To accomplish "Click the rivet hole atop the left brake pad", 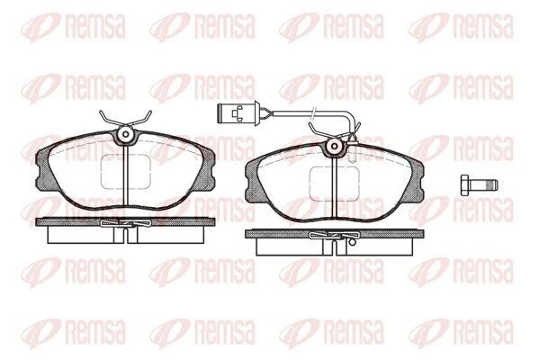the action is pos(125,134).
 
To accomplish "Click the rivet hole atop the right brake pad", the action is pos(335,146).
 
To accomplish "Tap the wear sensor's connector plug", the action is pos(230,112).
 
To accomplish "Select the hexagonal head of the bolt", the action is pos(466,185).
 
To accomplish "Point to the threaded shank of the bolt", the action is pos(484,185).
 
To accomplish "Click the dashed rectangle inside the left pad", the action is pos(125,171).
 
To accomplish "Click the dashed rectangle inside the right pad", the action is pos(335,184).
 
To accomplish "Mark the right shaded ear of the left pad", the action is pos(206,169).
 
